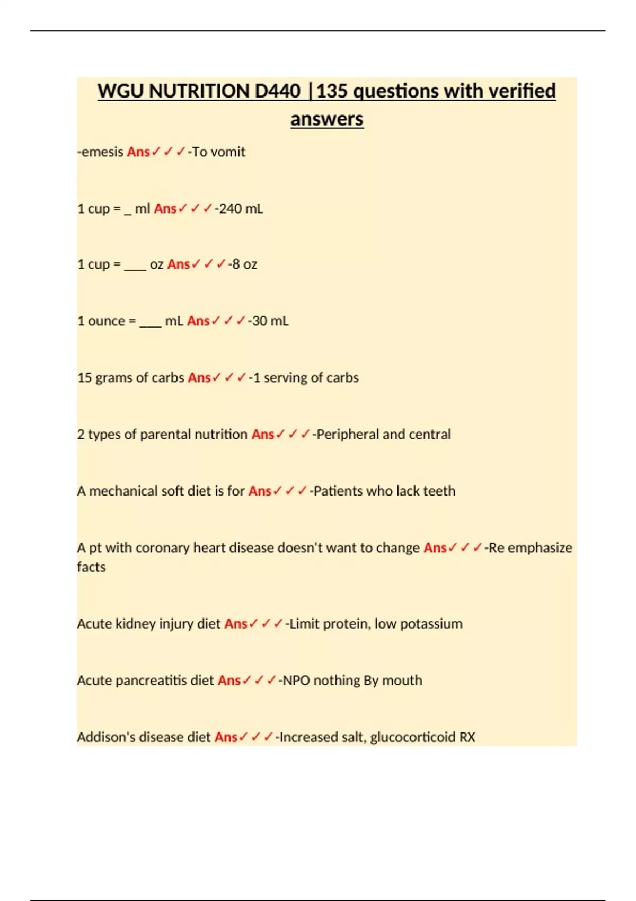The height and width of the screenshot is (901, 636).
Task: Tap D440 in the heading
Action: click(277, 91)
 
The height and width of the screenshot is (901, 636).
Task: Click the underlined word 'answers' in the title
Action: click(326, 119)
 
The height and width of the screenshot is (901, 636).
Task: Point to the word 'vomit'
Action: click(229, 152)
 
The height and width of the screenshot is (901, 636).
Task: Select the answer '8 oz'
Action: click(244, 264)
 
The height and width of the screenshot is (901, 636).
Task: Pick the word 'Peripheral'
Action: click(347, 435)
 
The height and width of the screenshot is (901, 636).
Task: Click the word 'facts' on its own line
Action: click(91, 567)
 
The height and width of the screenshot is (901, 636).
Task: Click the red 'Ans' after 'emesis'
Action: click(138, 152)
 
